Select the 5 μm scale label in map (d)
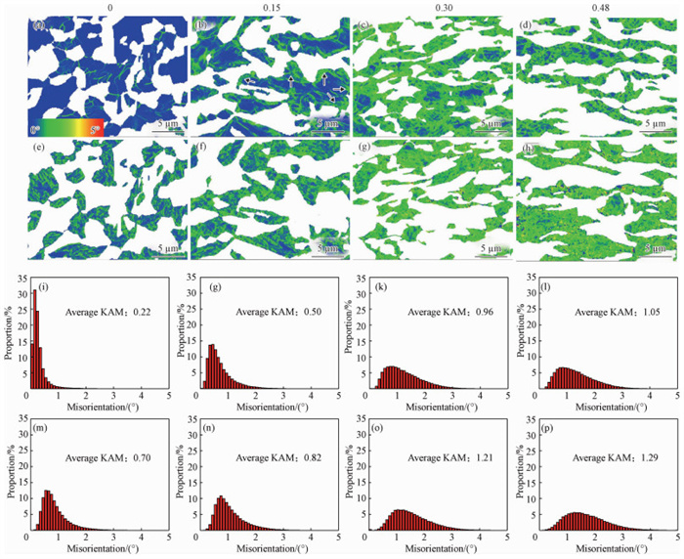(652, 122)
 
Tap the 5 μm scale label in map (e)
(146, 250)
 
